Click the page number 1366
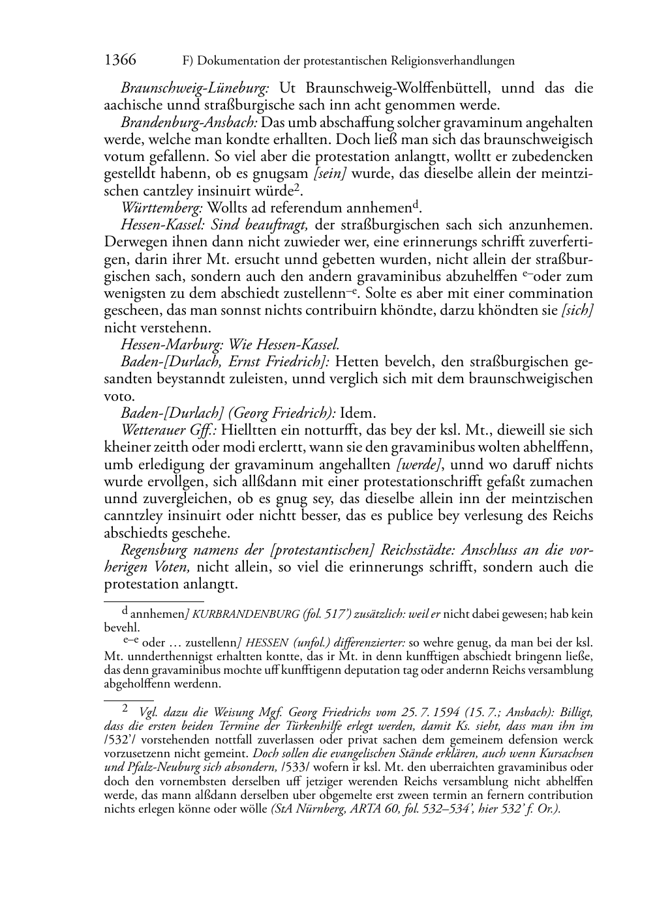point(120,61)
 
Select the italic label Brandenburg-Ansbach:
point(190,123)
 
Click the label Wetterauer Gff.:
point(168,430)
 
